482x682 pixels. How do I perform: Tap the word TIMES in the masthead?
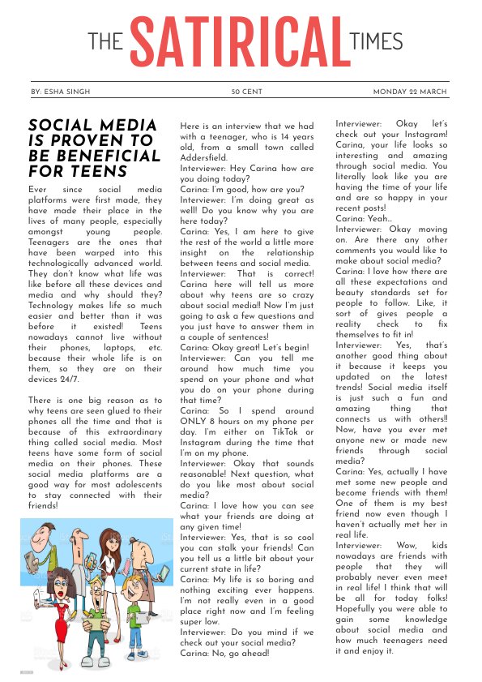(376, 41)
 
